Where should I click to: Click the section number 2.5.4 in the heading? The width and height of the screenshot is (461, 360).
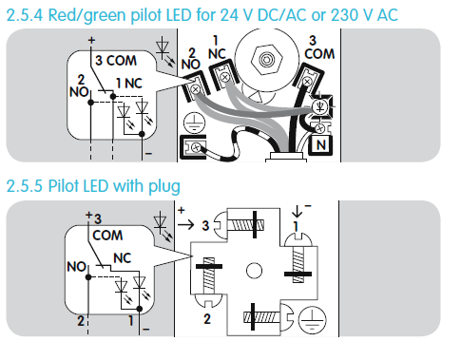tap(25, 15)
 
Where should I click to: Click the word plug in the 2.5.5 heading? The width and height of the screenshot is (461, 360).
tap(164, 186)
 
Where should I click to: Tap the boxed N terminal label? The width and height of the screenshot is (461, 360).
tap(320, 145)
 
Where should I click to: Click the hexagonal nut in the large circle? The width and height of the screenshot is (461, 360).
tap(266, 59)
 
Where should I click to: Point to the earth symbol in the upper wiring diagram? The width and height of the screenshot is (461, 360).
tap(194, 123)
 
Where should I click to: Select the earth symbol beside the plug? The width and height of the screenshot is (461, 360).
tap(313, 320)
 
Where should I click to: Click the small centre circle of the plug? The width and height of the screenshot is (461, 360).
tap(254, 271)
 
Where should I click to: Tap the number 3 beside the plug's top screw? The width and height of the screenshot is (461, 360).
tap(205, 226)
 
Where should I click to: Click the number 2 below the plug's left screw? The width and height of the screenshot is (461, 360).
tap(207, 318)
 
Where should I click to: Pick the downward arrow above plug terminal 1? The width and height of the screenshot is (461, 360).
tap(298, 211)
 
